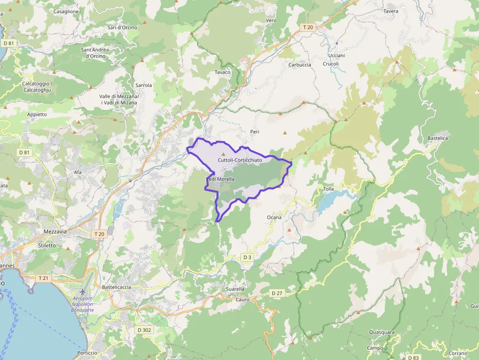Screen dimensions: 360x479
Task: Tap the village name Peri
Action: (254, 132)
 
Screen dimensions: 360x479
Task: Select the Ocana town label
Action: (274, 217)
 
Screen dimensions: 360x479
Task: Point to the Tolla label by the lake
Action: (328, 189)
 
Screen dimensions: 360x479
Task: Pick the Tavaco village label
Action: (222, 72)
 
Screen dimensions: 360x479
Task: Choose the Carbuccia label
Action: (300, 65)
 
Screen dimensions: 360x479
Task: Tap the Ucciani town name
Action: (337, 56)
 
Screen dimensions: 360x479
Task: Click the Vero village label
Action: (271, 21)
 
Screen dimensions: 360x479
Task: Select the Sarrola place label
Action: (144, 85)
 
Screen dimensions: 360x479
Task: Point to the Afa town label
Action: (78, 172)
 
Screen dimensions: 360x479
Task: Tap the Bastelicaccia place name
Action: (116, 287)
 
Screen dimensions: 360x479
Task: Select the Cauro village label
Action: (242, 299)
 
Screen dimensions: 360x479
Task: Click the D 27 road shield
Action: (277, 293)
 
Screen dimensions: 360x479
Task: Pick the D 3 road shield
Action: (247, 257)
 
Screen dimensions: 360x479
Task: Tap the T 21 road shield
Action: (44, 278)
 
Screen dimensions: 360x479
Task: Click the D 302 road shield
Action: (144, 330)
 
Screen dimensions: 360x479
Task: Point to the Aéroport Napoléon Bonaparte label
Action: (83, 304)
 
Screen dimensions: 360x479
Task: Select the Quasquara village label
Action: (382, 332)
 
